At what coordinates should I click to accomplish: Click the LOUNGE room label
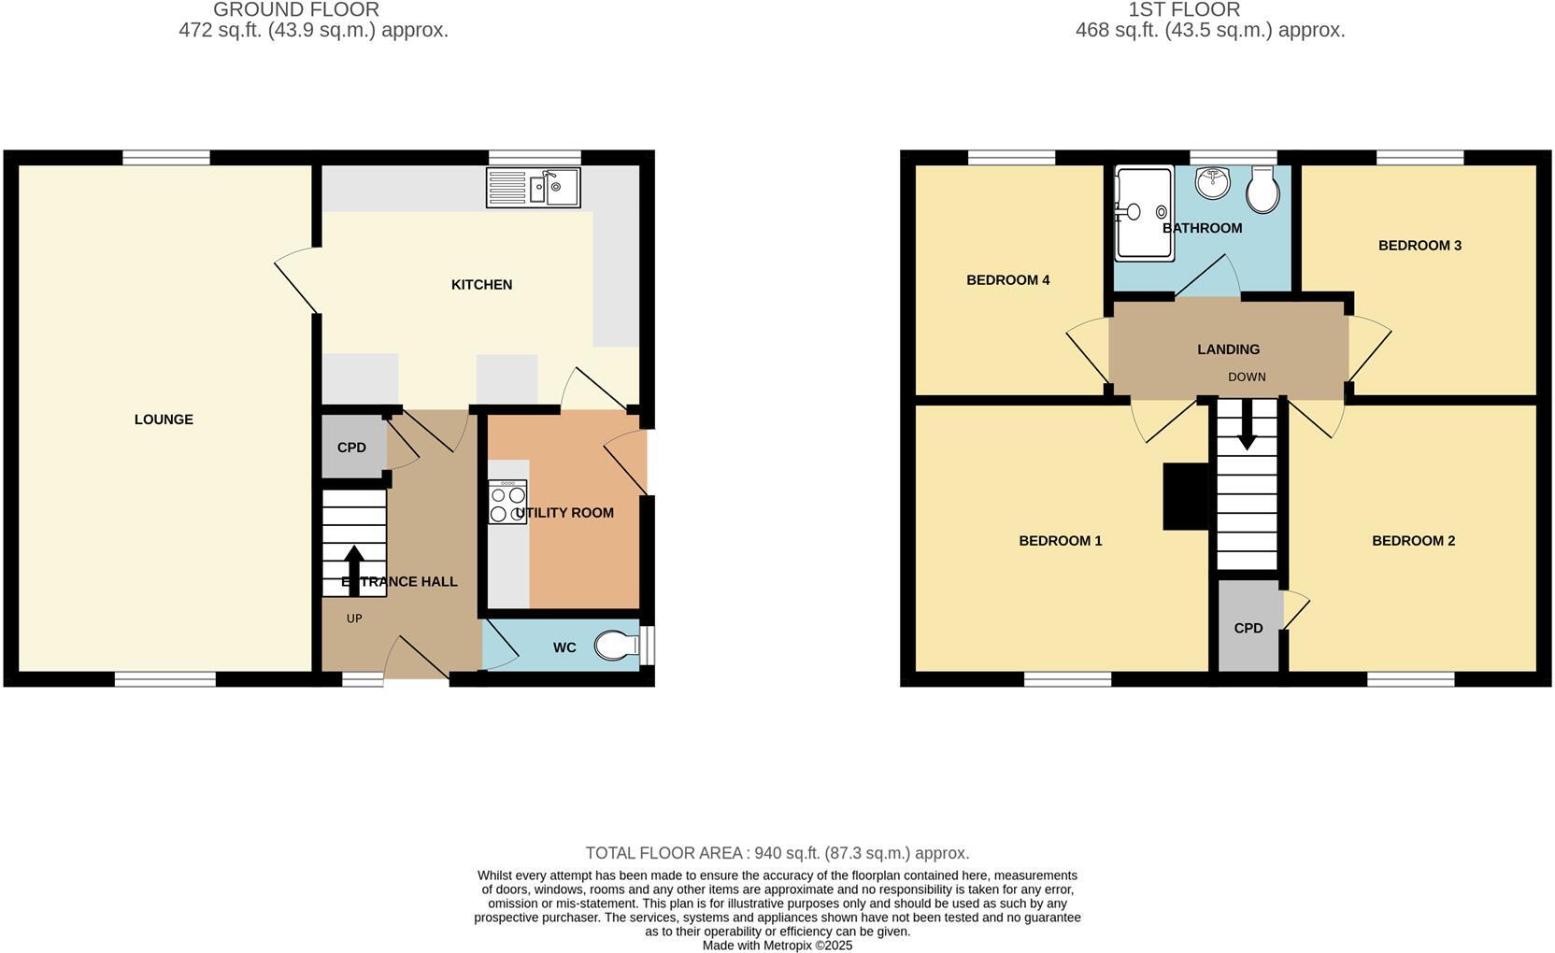pos(164,420)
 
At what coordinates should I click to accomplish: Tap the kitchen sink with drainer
pos(533,188)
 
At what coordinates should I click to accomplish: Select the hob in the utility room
pos(507,503)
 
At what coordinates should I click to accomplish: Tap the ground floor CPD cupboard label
pos(351,448)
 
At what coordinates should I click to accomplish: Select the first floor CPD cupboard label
pos(1248,628)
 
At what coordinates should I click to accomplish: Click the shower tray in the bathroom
pos(1143,215)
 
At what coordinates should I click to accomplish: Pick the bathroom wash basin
pos(1213,182)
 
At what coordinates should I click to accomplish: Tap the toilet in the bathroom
pos(1263,190)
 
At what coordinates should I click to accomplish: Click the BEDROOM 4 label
pos(1007,280)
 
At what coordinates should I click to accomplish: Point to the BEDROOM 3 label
pos(1419,246)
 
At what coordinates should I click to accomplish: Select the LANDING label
pos(1228,349)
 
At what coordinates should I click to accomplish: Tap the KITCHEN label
pos(481,285)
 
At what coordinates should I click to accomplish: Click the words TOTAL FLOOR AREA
pos(663,853)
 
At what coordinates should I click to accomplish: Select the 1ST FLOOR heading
pos(1184,10)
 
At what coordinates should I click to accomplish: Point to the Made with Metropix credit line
pos(777,946)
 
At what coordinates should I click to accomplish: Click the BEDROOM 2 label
pos(1413,541)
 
